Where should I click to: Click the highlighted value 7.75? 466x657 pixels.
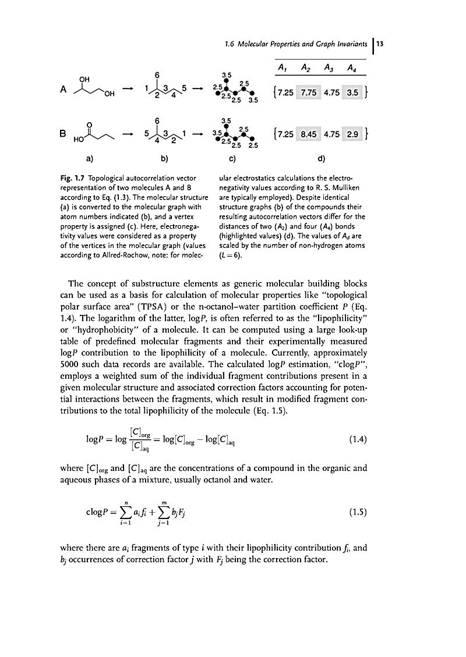tap(308, 93)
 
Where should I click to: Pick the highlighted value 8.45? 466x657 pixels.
tap(308, 134)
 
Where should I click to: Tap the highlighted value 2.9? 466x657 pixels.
tap(352, 134)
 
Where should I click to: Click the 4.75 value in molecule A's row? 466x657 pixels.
tap(331, 93)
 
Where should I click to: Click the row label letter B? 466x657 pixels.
tap(63, 133)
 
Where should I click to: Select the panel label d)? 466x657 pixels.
tap(321, 158)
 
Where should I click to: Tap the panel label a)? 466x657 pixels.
tap(91, 158)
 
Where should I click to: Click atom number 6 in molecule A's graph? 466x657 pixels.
tap(157, 75)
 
